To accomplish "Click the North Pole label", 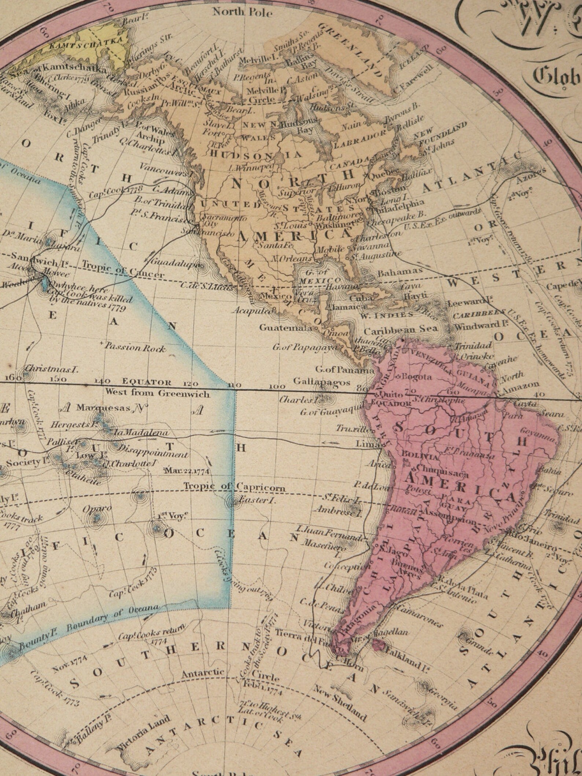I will click(x=242, y=12).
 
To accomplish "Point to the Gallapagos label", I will click(x=322, y=382).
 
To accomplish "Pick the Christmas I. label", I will click(x=51, y=369).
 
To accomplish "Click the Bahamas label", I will click(x=400, y=273).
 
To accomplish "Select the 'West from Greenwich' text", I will click(x=157, y=394).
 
